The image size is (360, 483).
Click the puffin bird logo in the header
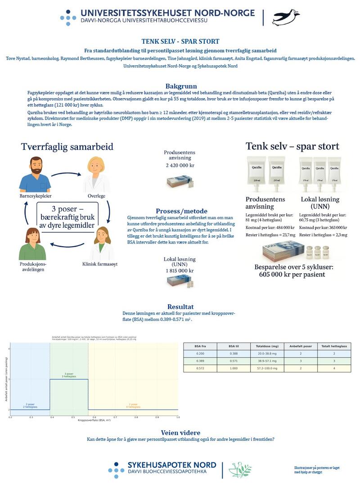(286, 17)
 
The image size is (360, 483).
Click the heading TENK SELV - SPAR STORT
(180, 41)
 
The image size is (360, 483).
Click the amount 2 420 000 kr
(180, 165)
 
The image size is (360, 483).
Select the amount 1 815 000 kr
(179, 271)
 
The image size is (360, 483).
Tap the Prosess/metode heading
(181, 211)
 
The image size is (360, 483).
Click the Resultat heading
(180, 307)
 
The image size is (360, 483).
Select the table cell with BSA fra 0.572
(201, 368)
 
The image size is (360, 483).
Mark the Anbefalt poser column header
(301, 346)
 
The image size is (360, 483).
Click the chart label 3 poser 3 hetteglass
(69, 375)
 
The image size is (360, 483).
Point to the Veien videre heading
(180, 433)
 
